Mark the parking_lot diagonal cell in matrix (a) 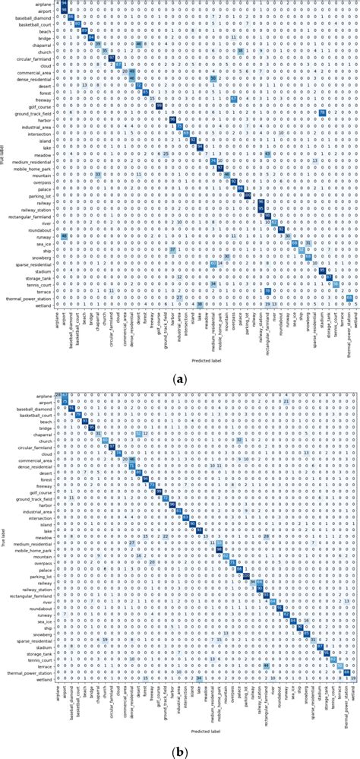248,194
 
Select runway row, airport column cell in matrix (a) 65,236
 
